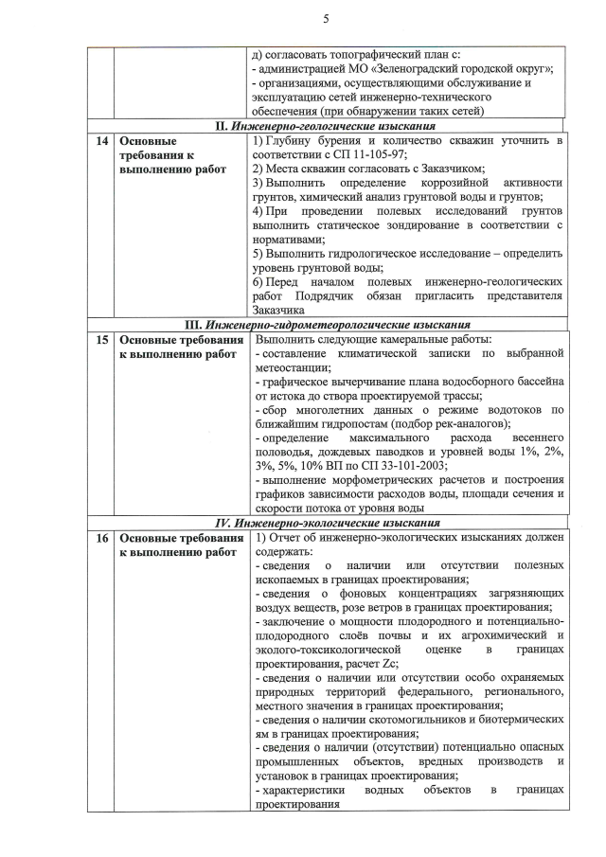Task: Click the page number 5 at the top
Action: (325, 19)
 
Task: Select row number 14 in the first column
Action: (99, 141)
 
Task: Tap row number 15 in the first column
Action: (99, 338)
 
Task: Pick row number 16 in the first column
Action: (99, 538)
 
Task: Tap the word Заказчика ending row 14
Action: (278, 310)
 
